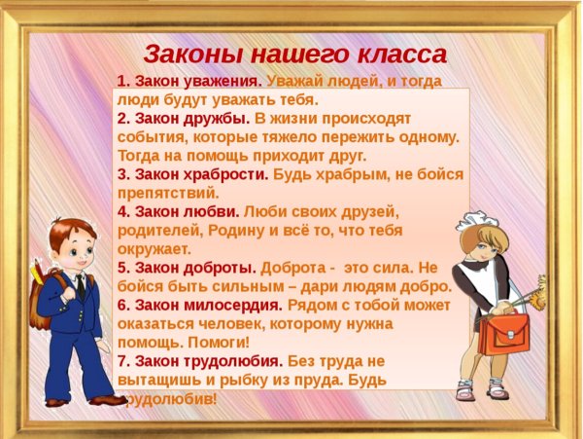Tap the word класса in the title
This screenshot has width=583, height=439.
[x=400, y=53]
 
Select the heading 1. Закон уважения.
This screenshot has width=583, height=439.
[x=189, y=82]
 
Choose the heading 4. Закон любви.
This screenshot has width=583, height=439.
[x=178, y=211]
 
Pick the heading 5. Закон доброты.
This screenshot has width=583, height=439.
[x=184, y=267]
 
